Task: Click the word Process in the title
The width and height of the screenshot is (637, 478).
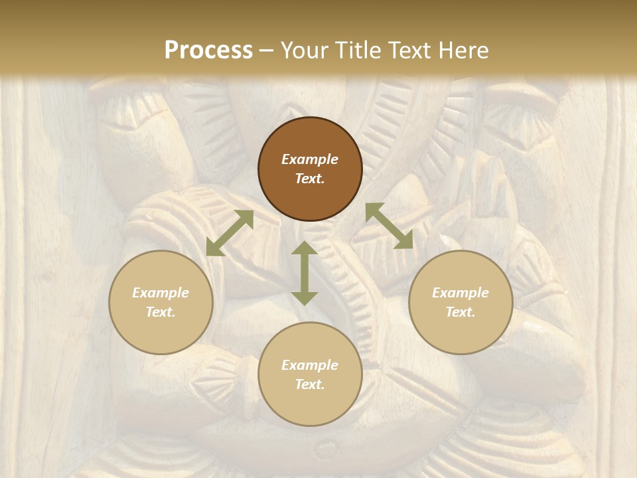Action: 208,50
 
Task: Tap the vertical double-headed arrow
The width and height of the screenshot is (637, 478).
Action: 305,273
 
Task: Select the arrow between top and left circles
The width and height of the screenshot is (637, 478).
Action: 230,233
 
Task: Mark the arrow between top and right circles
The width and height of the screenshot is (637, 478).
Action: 389,226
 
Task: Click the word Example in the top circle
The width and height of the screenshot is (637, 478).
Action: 310,159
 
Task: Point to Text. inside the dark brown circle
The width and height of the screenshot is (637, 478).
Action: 310,179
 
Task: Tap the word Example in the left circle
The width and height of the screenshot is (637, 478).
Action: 161,293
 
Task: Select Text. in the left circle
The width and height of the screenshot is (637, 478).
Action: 161,312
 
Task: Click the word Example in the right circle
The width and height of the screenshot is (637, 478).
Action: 460,293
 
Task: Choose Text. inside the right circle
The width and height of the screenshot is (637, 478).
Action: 460,312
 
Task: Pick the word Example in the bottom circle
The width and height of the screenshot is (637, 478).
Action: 310,365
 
